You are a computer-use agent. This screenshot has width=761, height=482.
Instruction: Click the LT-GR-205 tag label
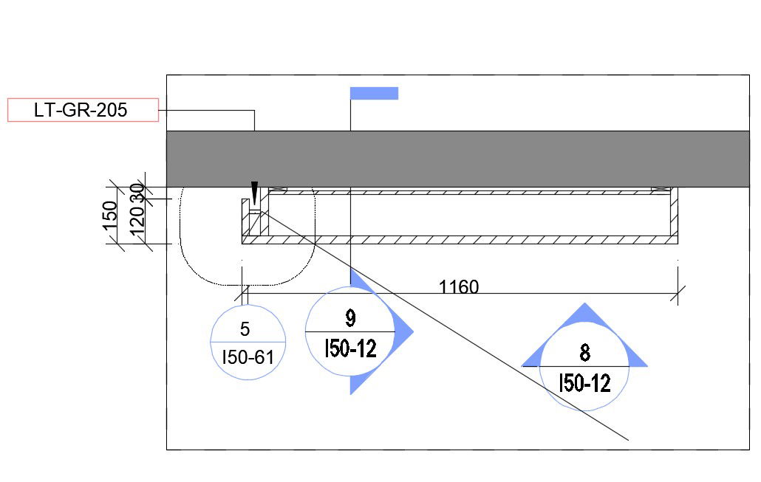(81, 110)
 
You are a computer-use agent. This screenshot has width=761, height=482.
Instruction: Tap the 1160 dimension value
(459, 286)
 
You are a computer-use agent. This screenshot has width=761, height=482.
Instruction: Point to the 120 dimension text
(137, 221)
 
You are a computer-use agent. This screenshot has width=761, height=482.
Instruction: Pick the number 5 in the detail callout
(245, 329)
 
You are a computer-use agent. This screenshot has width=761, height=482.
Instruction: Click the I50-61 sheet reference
(248, 358)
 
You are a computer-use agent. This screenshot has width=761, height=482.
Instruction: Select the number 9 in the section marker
(350, 318)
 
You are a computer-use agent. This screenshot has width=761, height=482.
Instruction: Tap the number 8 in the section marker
(584, 353)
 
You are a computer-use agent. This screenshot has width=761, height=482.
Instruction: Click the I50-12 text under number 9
(350, 348)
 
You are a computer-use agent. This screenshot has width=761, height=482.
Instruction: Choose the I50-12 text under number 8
(584, 383)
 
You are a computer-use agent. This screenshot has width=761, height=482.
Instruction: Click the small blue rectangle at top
(374, 93)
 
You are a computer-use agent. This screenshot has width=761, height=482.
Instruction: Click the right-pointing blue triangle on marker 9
(402, 331)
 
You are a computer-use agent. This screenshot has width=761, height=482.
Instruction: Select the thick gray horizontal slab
(457, 159)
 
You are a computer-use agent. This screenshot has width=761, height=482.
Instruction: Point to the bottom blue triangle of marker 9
(358, 382)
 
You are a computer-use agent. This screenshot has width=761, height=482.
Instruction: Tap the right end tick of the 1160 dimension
(678, 294)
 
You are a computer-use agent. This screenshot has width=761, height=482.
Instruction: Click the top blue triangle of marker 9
(358, 279)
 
